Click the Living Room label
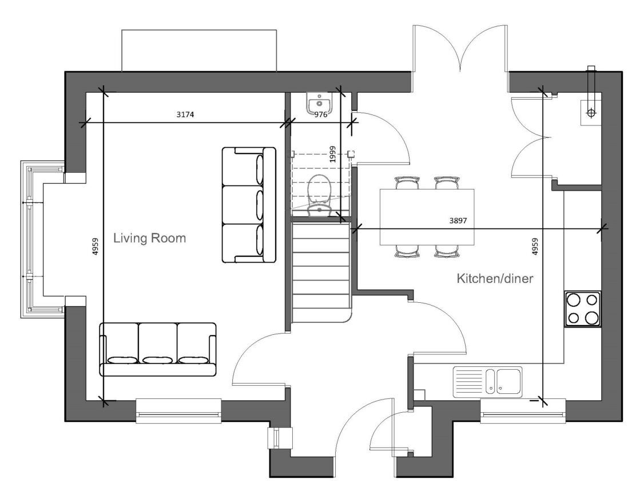click(x=149, y=238)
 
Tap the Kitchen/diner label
click(x=495, y=279)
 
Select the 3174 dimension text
click(x=185, y=114)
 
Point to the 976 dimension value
click(x=321, y=114)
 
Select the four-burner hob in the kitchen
click(x=582, y=309)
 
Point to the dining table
click(x=427, y=216)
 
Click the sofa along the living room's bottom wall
click(x=158, y=349)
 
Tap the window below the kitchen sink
click(x=522, y=411)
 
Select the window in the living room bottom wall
click(x=178, y=410)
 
